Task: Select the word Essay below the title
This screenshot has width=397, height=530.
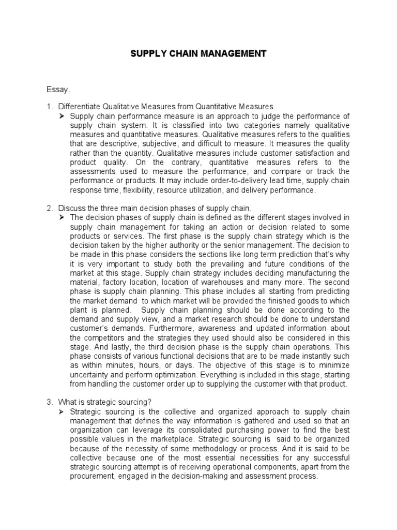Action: tap(58, 90)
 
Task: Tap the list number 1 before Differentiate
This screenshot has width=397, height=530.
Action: tap(49, 107)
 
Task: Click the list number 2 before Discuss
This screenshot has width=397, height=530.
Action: tap(49, 208)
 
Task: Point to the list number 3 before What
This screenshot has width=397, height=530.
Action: tap(49, 403)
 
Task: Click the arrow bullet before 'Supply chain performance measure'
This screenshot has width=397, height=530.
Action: tap(62, 115)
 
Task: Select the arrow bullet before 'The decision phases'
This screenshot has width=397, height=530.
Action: tap(62, 217)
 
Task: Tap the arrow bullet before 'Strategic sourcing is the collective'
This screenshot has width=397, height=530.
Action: tap(62, 411)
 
